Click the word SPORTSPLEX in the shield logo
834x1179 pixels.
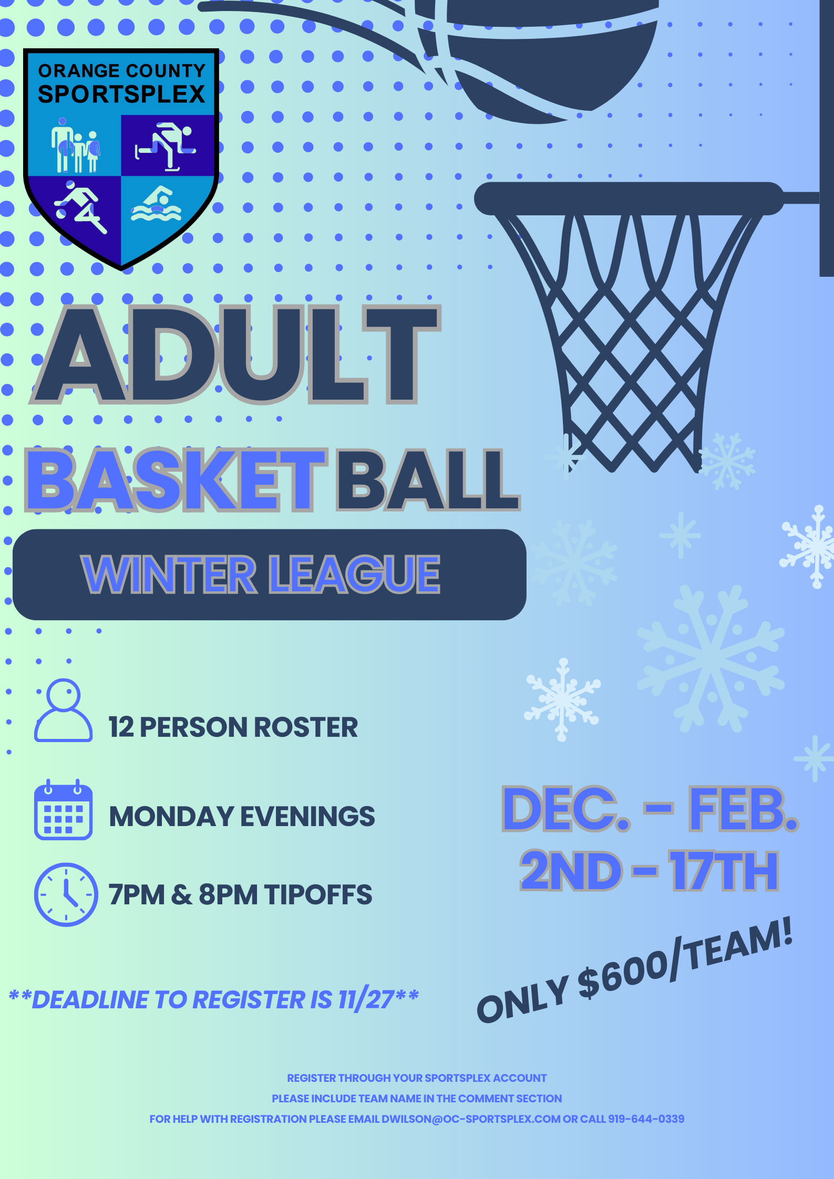(x=121, y=94)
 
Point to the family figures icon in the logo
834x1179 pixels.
(x=76, y=145)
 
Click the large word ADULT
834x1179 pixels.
(x=235, y=354)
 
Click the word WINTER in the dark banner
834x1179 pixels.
(x=169, y=574)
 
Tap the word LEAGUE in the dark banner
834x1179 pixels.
(x=354, y=574)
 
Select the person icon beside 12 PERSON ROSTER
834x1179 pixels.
(x=63, y=710)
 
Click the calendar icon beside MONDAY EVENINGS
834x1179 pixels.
(x=63, y=809)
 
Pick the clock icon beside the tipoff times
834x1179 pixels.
(x=66, y=894)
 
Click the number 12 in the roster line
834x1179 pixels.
(x=121, y=727)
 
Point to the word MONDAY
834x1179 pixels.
(x=171, y=817)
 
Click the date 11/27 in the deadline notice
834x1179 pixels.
(x=366, y=999)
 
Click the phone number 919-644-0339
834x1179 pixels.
(x=646, y=1119)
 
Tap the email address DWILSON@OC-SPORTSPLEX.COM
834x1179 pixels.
(x=471, y=1119)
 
